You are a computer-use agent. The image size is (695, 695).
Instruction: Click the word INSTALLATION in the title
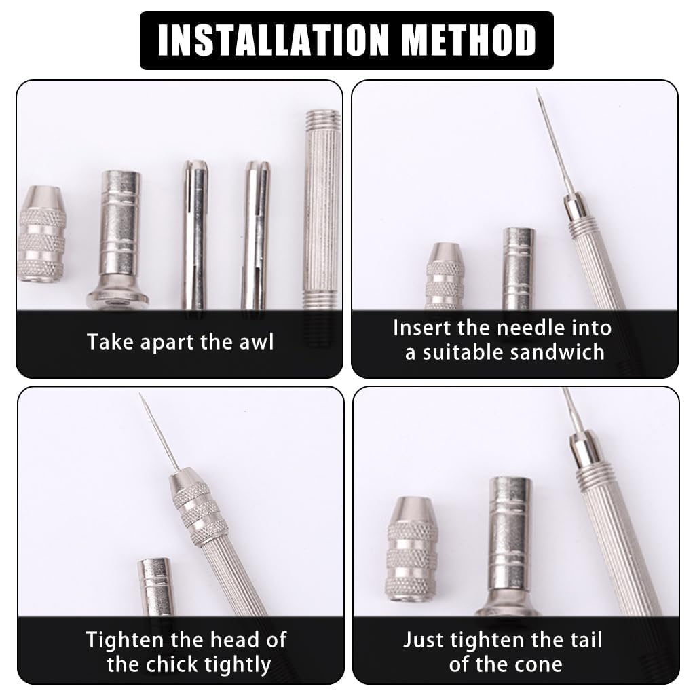click(274, 40)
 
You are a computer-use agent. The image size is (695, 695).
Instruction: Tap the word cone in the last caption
click(541, 665)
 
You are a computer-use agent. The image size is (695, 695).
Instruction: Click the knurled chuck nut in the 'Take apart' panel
click(41, 234)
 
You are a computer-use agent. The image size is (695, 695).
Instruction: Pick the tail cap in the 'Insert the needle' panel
click(519, 269)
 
